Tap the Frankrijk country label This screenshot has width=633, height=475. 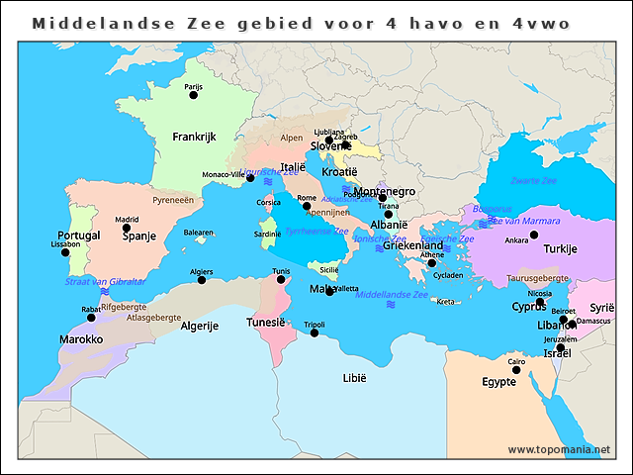pyautogui.click(x=194, y=137)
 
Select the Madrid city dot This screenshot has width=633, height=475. pyautogui.click(x=127, y=229)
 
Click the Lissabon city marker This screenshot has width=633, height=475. pyautogui.click(x=65, y=252)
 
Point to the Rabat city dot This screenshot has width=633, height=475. pyautogui.click(x=91, y=318)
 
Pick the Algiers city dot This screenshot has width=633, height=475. pyautogui.click(x=202, y=280)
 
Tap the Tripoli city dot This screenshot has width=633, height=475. pyautogui.click(x=315, y=332)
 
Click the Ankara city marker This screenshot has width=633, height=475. pyautogui.click(x=534, y=236)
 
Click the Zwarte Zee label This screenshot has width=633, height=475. pyautogui.click(x=533, y=181)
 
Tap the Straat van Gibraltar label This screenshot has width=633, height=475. pyautogui.click(x=105, y=282)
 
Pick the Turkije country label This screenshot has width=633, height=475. pyautogui.click(x=560, y=248)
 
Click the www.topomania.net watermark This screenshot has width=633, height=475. pyautogui.click(x=559, y=450)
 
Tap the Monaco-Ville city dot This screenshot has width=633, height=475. pyautogui.click(x=250, y=178)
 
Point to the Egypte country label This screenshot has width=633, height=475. pyautogui.click(x=498, y=382)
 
